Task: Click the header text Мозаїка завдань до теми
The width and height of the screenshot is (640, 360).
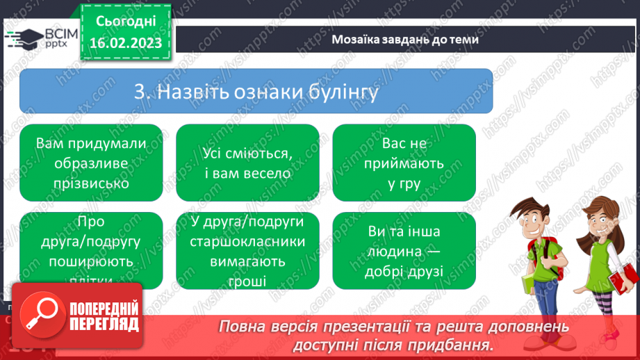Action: tap(405, 39)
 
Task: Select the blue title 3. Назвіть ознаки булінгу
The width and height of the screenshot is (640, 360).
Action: tap(256, 91)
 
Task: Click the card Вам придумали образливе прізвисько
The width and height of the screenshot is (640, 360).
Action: tap(91, 163)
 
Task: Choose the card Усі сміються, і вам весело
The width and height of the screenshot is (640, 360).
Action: tap(247, 163)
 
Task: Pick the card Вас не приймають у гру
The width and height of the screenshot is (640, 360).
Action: tap(404, 163)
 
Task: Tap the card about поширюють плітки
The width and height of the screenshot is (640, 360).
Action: tap(91, 250)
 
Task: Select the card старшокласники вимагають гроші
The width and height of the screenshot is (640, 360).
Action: tap(247, 250)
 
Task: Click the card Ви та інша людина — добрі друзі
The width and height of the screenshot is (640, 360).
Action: tap(404, 250)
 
